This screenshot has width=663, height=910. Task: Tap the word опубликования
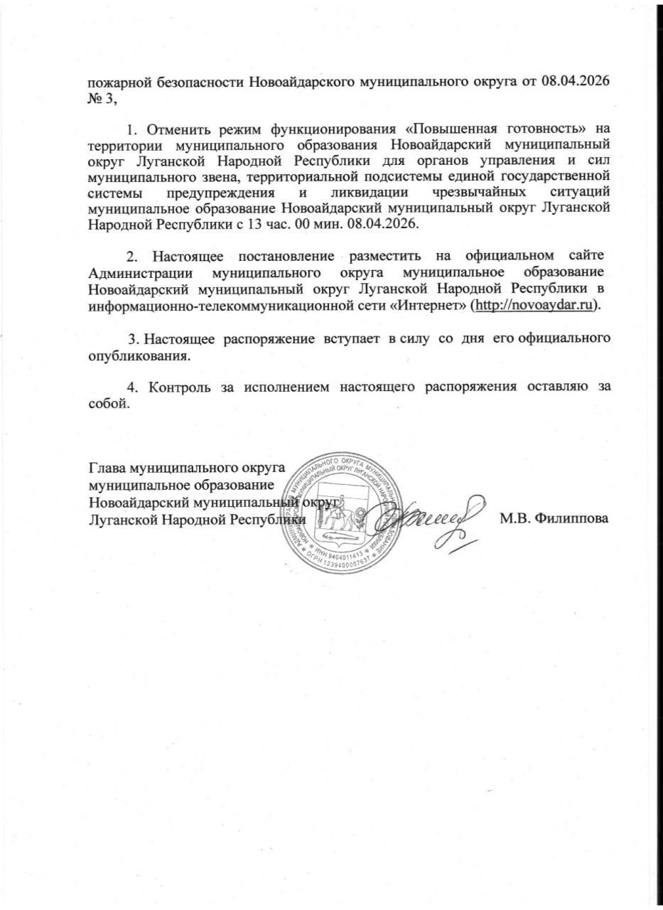(138, 355)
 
